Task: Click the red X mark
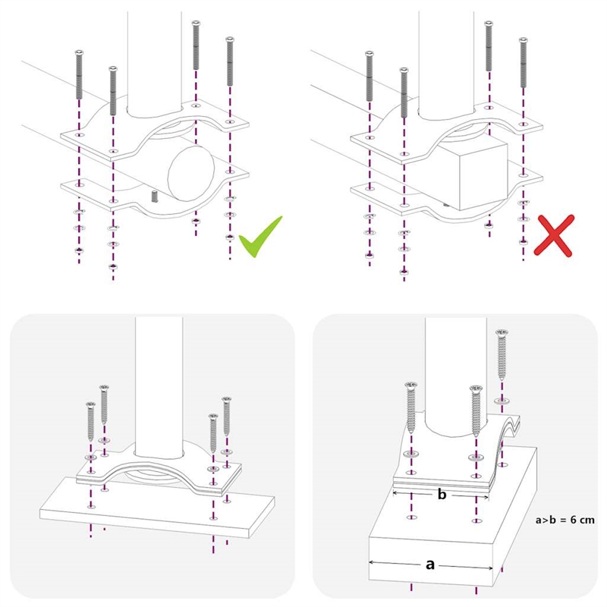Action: coord(554,235)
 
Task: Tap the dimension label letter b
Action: coord(442,495)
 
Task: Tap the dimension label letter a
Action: coord(429,565)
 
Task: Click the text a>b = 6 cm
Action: coord(565,520)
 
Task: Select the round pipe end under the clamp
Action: coord(191,174)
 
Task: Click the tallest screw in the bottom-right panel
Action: coord(502,354)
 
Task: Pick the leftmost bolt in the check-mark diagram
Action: coord(79,74)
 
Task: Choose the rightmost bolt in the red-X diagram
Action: coord(524,63)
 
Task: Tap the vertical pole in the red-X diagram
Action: coord(446,62)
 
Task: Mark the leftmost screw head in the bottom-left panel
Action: coord(91,405)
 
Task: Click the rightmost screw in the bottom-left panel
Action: coord(226,416)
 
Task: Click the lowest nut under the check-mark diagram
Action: coord(113,266)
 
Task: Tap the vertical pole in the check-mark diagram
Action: coord(155,62)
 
